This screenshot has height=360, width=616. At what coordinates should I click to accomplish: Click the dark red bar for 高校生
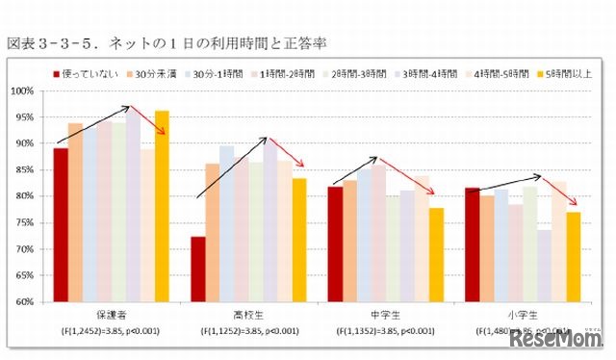[197, 269]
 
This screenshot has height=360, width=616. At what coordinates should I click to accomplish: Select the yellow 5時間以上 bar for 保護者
[162, 206]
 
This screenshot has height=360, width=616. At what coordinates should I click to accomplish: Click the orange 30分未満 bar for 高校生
[212, 232]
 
